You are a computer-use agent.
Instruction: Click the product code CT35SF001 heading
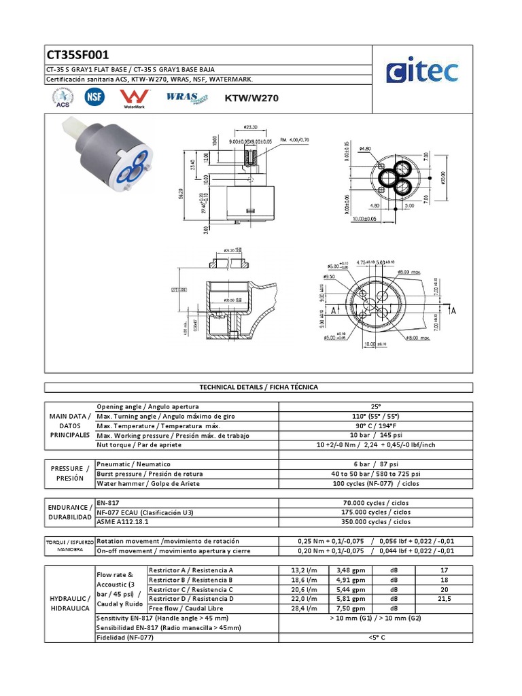78,55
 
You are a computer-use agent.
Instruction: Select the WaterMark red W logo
129,98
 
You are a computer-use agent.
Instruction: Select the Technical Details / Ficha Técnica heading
258,387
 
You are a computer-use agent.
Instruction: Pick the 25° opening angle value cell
376,406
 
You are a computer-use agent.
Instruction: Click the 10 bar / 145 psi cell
376,434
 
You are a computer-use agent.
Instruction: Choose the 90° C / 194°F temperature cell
376,425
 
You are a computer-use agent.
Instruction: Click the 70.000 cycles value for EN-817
376,503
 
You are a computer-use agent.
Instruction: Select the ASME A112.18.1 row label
123,522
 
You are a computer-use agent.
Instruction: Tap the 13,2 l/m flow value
303,570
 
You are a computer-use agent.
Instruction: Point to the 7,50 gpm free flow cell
353,608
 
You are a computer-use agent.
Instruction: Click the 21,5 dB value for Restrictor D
444,598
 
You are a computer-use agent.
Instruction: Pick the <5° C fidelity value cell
376,637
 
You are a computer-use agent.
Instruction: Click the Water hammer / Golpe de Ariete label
146,483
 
